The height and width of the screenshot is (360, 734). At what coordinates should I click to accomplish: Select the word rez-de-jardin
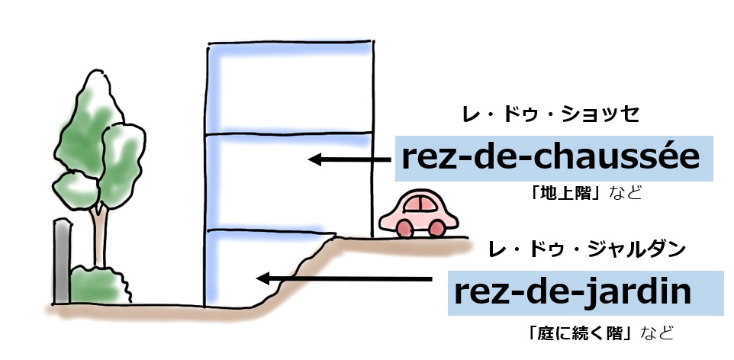point(571,292)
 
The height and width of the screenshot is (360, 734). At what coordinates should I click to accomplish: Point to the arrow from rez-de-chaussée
point(352,159)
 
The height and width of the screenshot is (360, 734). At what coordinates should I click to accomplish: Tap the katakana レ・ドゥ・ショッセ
point(550,115)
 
